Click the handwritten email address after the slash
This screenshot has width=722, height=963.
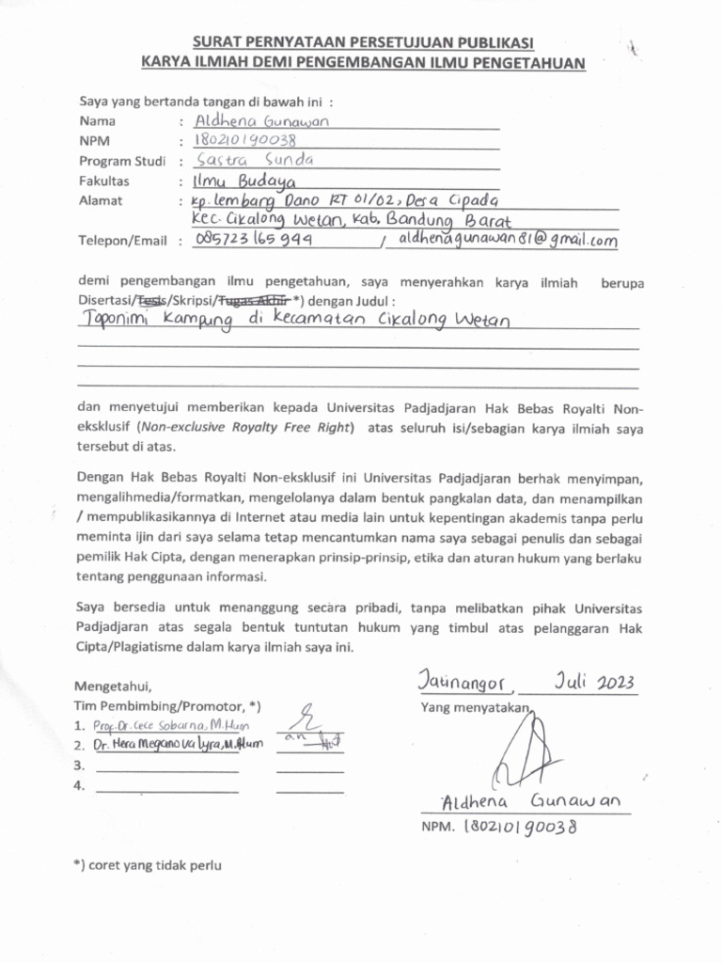click(x=508, y=240)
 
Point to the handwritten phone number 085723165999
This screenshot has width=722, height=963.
click(x=253, y=240)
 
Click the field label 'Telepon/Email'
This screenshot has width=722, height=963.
click(x=122, y=241)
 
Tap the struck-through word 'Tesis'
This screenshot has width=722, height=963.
click(x=151, y=301)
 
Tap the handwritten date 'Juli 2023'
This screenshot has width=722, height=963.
click(x=594, y=681)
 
